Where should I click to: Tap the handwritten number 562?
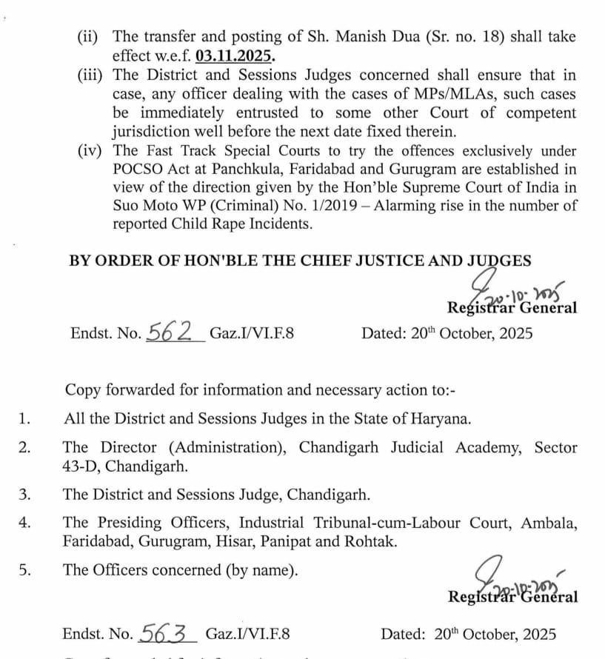click(x=170, y=332)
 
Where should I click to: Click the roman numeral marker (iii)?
click(x=93, y=76)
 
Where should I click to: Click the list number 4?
click(x=24, y=523)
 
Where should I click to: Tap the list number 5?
click(x=24, y=570)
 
